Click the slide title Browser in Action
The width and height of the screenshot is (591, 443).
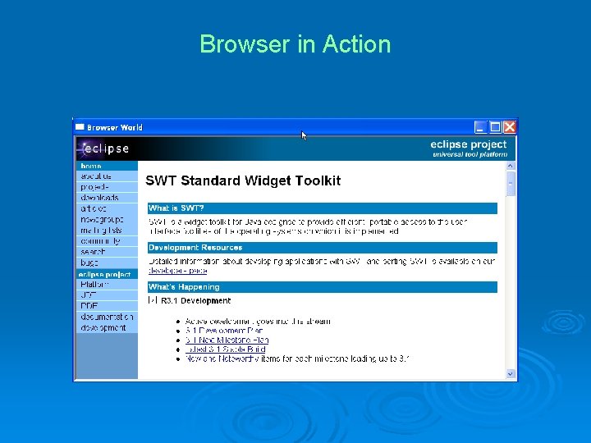point(295,43)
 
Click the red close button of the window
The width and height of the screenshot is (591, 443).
point(510,127)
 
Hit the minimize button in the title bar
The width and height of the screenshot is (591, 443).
point(481,127)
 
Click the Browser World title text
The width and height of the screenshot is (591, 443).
point(114,127)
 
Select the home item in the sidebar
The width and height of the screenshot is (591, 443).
point(91,166)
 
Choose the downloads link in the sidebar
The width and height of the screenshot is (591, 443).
point(99,198)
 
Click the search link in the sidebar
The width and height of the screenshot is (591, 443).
point(93,252)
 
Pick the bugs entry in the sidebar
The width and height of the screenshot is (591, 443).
point(89,263)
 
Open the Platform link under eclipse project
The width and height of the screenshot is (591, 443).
point(94,285)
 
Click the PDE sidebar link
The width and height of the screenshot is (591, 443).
point(89,306)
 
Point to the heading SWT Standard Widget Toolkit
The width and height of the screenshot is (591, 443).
point(243,180)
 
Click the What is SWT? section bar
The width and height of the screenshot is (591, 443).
point(322,208)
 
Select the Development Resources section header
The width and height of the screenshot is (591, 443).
point(322,247)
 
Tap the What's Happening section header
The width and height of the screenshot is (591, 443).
point(322,287)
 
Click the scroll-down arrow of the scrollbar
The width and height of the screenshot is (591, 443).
point(511,373)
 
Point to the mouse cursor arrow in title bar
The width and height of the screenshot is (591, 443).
point(304,135)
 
